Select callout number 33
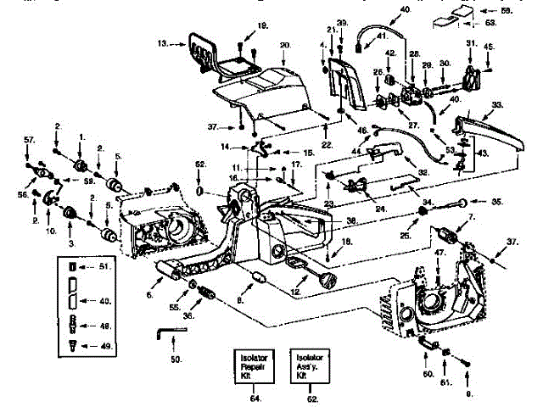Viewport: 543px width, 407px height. click(x=497, y=104)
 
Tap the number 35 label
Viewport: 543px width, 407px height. click(x=497, y=202)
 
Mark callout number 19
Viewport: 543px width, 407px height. click(x=262, y=26)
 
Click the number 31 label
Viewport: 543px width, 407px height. click(x=472, y=42)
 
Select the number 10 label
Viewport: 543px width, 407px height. click(x=50, y=229)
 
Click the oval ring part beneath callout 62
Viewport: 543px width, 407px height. click(x=200, y=192)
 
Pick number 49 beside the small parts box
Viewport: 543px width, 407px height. click(x=106, y=345)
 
